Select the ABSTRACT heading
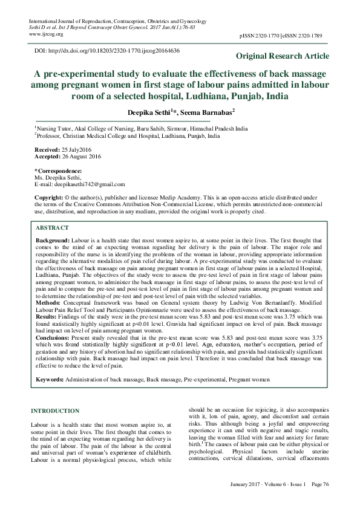52,229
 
